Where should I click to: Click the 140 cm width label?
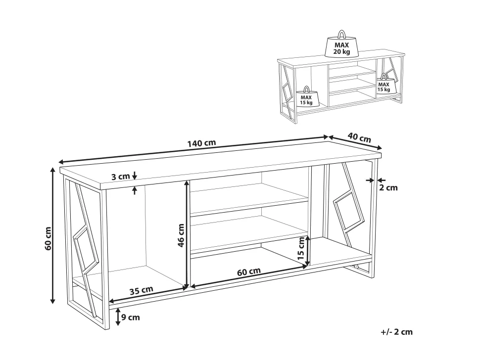click(x=202, y=143)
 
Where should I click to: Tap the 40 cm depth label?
click(x=359, y=137)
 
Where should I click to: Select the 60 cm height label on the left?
click(x=48, y=238)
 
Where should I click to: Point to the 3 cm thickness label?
click(x=120, y=177)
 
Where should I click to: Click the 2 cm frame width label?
click(x=388, y=187)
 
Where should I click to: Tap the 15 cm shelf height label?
click(x=301, y=248)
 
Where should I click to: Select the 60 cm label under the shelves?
click(x=249, y=271)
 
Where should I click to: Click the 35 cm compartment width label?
click(x=141, y=290)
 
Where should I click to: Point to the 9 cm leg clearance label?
click(x=131, y=317)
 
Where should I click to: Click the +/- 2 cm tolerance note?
click(x=397, y=332)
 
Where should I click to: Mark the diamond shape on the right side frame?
click(x=348, y=212)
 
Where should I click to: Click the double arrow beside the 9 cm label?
click(x=118, y=317)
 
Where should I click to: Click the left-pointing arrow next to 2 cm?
click(x=381, y=180)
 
